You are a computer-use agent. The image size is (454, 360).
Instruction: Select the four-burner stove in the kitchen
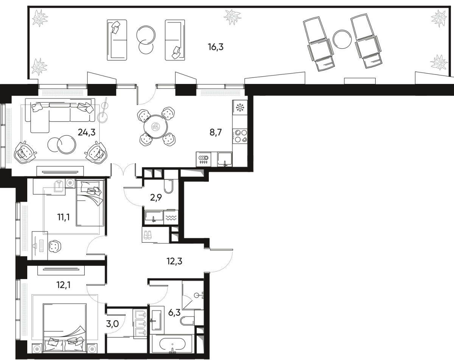(x=240, y=136)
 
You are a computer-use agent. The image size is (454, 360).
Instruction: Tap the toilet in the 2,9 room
(x=168, y=186)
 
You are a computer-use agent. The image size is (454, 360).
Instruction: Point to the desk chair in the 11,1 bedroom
(x=54, y=246)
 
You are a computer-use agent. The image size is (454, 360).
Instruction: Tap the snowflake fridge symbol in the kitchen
(x=240, y=107)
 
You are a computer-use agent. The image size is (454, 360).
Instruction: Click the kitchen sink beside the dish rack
(x=225, y=159)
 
